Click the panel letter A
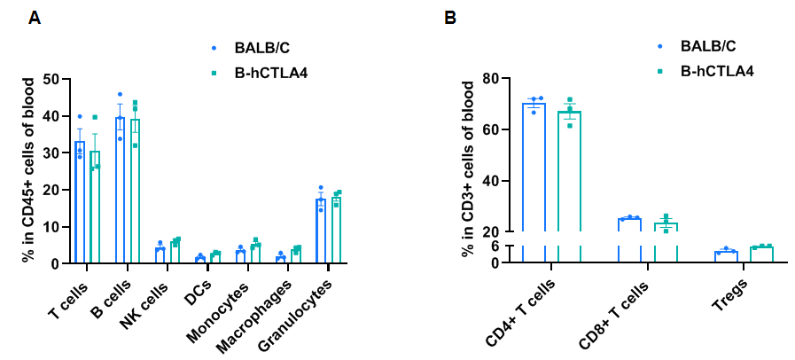coord(35,18)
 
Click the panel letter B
coord(450,18)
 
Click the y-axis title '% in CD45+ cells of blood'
coord(28,168)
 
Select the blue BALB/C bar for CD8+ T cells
coord(630,239)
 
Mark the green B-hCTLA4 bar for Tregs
coord(761,254)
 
